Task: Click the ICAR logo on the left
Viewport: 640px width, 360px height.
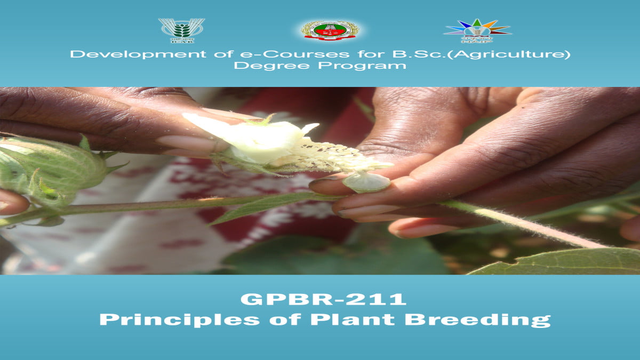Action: click(181, 30)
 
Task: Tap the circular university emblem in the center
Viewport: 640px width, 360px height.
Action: click(329, 30)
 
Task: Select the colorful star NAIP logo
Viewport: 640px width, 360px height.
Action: click(477, 30)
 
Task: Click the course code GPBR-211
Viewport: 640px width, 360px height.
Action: click(323, 299)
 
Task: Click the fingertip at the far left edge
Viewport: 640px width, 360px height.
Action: click(12, 203)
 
